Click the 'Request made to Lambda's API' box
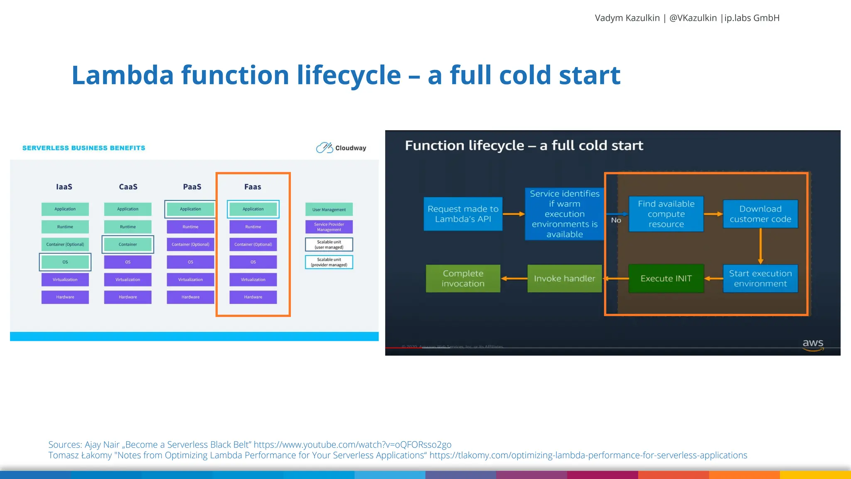[463, 214]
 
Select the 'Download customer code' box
[760, 214]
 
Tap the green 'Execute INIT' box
[666, 279]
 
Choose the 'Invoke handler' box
[564, 279]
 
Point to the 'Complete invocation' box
[463, 279]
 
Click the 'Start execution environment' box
[760, 279]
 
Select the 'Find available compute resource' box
[666, 214]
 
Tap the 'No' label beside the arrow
[616, 220]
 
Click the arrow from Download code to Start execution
[760, 246]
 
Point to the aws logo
[813, 344]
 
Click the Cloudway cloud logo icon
[325, 148]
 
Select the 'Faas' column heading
[253, 187]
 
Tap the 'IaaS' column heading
[64, 187]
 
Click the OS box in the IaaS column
[65, 262]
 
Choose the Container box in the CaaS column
[128, 244]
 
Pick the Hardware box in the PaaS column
[190, 297]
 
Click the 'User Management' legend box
[329, 210]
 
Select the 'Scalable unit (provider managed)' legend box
[329, 262]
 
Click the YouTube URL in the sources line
[352, 444]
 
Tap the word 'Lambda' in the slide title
[123, 75]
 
